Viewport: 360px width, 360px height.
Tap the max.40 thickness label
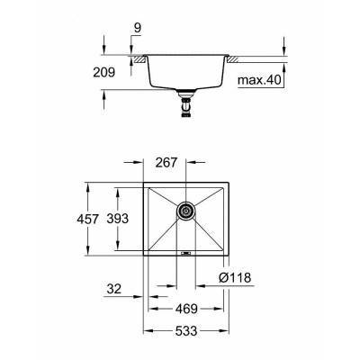click(260, 80)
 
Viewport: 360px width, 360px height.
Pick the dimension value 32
click(112, 290)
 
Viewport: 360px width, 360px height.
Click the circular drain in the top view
click(185, 211)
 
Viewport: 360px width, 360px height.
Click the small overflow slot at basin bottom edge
click(185, 254)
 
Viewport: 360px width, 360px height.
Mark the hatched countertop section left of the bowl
click(137, 59)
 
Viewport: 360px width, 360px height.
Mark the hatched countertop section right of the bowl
click(235, 59)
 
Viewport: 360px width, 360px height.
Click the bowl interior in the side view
click(186, 72)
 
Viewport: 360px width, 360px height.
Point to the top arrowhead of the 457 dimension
click(87, 185)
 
